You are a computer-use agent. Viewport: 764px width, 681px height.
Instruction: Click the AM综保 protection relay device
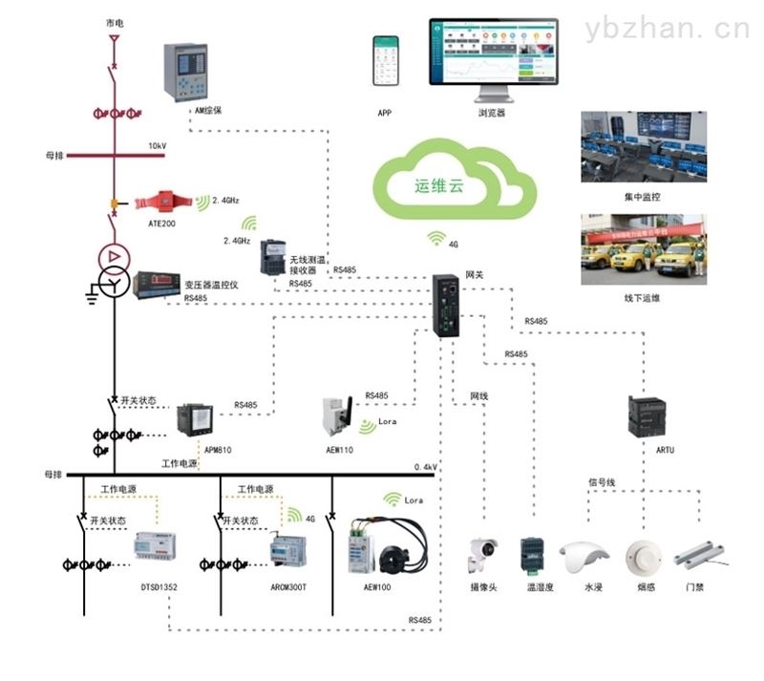185,72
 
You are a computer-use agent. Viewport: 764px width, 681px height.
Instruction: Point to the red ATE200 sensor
164,202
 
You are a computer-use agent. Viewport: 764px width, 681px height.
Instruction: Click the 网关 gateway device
445,305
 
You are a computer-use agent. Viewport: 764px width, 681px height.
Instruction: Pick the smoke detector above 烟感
641,555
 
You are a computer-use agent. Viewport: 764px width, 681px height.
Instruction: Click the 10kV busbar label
157,146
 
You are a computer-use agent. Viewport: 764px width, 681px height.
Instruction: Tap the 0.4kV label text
425,467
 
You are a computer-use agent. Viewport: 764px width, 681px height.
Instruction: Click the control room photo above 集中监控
644,147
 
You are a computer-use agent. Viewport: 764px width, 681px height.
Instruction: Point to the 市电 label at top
114,21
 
